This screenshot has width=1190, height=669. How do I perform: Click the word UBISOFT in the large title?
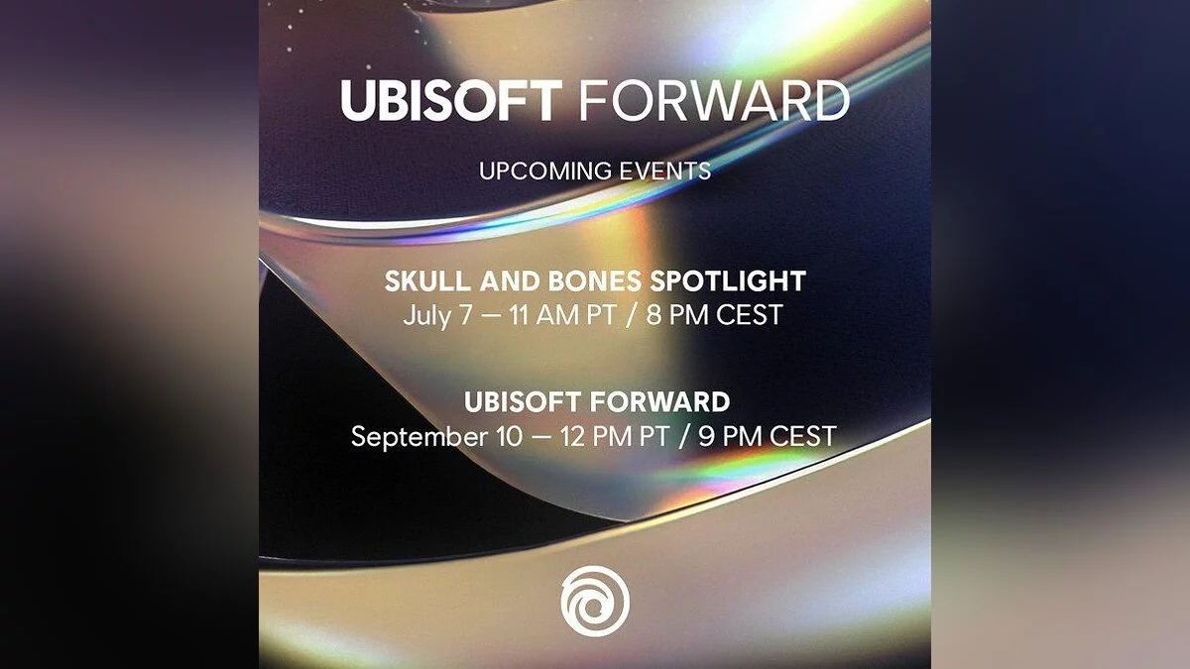coord(451,101)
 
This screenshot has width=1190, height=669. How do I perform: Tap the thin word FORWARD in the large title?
coord(715,101)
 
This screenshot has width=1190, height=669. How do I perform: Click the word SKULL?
coord(427,280)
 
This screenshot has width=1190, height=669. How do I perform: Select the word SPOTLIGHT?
coord(728,280)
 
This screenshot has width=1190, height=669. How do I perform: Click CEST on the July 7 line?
coord(749,315)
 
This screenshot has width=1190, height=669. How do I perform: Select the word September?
coord(419,437)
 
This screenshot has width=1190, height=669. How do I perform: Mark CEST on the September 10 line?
coord(803,436)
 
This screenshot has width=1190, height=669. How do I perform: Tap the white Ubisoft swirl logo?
coord(595,601)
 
